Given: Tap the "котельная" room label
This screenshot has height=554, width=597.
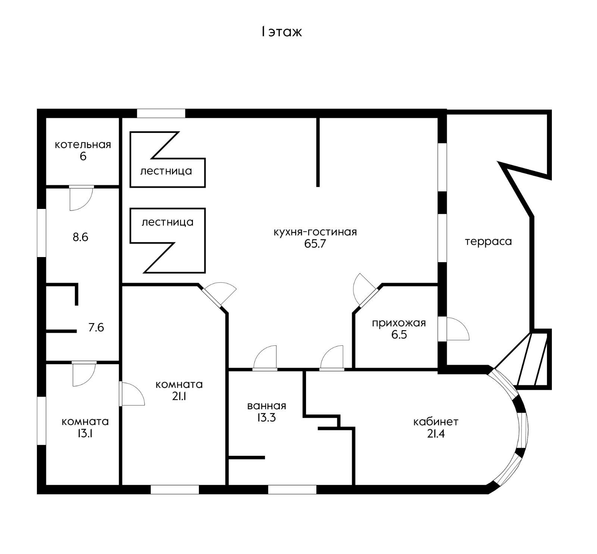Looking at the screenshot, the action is [83, 144].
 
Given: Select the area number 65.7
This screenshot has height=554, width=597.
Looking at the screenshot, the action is [315, 244].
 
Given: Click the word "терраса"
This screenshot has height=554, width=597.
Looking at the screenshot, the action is [488, 241].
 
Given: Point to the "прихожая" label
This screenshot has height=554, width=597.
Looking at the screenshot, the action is [398, 323].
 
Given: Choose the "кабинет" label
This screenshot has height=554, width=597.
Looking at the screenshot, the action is [435, 422].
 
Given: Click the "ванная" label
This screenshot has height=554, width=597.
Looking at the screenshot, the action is [266, 406].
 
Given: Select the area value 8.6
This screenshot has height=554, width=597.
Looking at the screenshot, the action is [80, 237].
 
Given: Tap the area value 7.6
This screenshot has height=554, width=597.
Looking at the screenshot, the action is [96, 328].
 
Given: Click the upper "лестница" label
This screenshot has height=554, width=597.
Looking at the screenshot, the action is [166, 171].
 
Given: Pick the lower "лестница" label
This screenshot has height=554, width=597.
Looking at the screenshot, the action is [167, 222].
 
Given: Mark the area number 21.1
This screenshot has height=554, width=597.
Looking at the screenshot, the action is [179, 396].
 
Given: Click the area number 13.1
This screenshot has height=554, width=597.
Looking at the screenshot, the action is [85, 434].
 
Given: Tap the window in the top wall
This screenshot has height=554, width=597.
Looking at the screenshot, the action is [161, 113].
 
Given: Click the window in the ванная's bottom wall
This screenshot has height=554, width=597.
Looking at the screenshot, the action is [292, 489].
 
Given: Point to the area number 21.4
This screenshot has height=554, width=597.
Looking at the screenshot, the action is [435, 434].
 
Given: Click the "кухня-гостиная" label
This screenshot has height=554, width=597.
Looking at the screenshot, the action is [315, 232].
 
